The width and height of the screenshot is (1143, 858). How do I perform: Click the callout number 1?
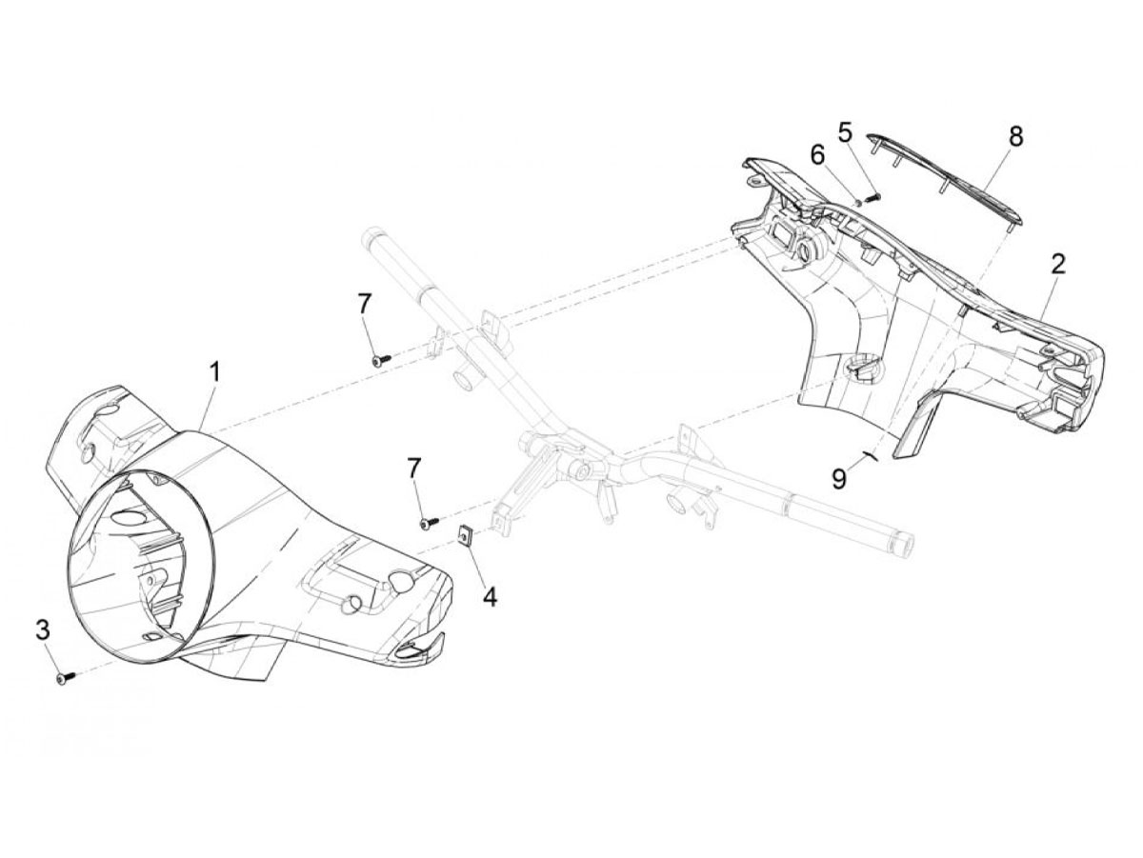tap(214, 380)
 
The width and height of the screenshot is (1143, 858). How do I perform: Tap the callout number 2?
tap(1058, 265)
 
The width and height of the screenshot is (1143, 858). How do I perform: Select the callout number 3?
tap(43, 630)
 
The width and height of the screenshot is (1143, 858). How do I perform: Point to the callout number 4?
tap(489, 597)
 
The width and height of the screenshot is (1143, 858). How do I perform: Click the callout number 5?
tap(845, 133)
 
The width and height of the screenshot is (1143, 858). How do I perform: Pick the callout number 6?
tap(817, 154)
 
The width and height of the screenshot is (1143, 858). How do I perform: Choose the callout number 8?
tap(1015, 136)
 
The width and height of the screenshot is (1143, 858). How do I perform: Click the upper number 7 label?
tap(364, 305)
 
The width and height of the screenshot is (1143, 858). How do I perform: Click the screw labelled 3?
tap(65, 677)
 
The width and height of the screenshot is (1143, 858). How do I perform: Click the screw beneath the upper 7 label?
tap(382, 359)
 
